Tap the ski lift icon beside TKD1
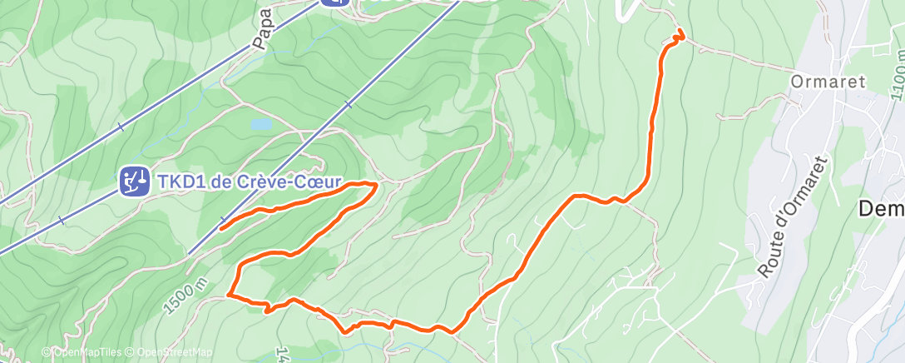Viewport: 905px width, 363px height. pyautogui.click(x=134, y=180)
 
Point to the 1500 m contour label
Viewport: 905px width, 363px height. pyautogui.click(x=185, y=296)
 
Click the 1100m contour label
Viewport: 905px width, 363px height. pyautogui.click(x=896, y=76)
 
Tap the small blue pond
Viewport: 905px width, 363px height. pyautogui.click(x=260, y=124)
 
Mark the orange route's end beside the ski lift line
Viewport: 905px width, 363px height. pyautogui.click(x=222, y=226)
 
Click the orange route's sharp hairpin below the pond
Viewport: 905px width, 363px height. pyautogui.click(x=376, y=184)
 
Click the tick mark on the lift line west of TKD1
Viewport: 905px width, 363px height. pyautogui.click(x=62, y=221)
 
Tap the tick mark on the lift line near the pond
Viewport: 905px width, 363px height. pyautogui.click(x=349, y=105)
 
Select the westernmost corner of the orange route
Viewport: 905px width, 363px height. pyautogui.click(x=228, y=294)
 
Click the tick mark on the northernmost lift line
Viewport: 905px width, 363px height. pyautogui.click(x=121, y=127)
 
